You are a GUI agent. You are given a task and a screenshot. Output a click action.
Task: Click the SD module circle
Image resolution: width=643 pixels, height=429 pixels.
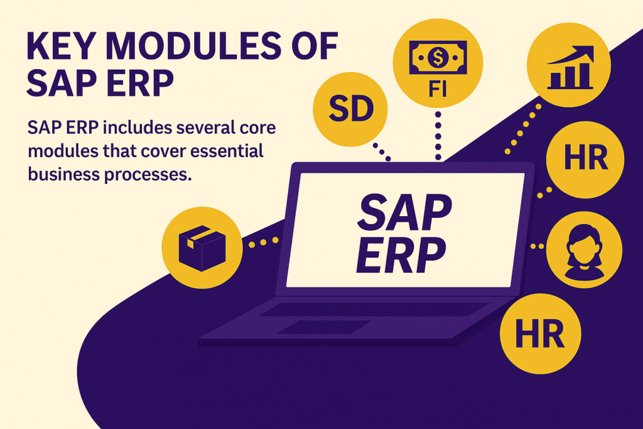[x=352, y=109]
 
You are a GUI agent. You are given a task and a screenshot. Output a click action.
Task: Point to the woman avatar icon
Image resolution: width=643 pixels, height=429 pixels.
[x=584, y=251]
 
